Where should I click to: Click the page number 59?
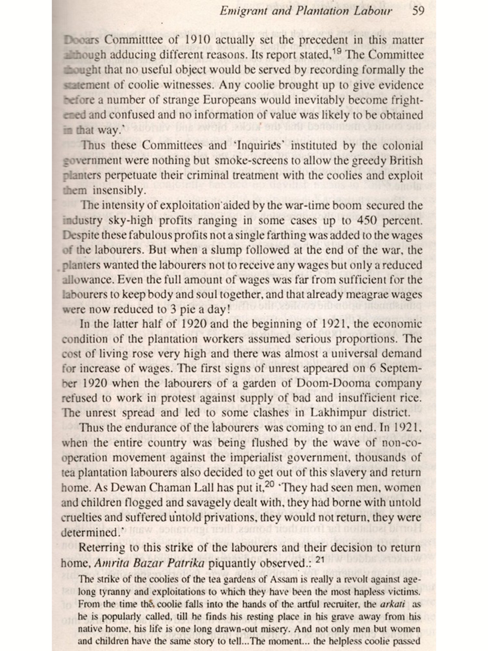coord(418,11)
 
